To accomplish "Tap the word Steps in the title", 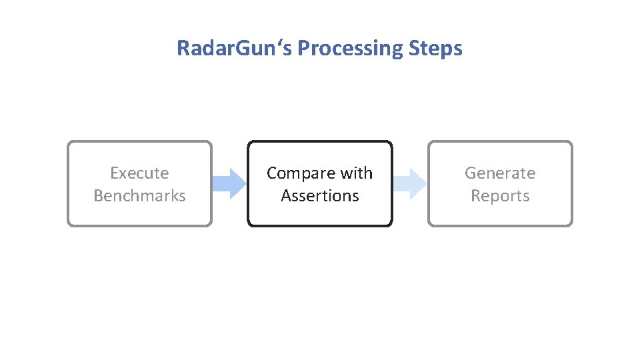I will [438, 49].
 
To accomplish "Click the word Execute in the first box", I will [139, 173].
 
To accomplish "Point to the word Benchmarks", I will [139, 196].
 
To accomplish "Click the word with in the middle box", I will [356, 173].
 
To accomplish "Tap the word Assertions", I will [320, 196].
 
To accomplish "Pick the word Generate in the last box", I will [500, 173].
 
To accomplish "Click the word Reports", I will [500, 196].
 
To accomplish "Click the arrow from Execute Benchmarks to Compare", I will [229, 183].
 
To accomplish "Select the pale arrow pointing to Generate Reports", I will [409, 183].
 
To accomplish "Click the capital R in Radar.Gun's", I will [182, 49].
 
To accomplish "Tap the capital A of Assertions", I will [286, 196].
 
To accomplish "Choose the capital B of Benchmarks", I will [99, 196].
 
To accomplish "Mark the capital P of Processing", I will [302, 49].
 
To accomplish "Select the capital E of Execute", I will [114, 173].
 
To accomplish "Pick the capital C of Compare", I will [272, 173].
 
